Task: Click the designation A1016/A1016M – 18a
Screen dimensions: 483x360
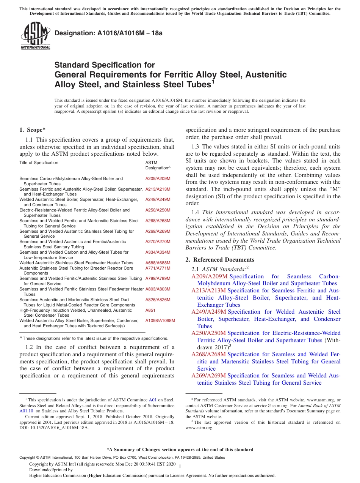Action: point(108,33)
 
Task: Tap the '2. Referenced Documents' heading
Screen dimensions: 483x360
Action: point(220,260)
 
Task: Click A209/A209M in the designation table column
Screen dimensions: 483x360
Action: point(158,178)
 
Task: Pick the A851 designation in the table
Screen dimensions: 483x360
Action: point(150,310)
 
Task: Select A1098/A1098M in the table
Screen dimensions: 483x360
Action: point(160,320)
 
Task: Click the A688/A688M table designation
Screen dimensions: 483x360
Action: point(158,263)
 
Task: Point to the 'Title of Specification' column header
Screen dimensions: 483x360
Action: point(39,163)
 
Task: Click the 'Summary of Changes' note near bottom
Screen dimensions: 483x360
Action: point(180,450)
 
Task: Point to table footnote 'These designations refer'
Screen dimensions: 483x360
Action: point(95,338)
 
